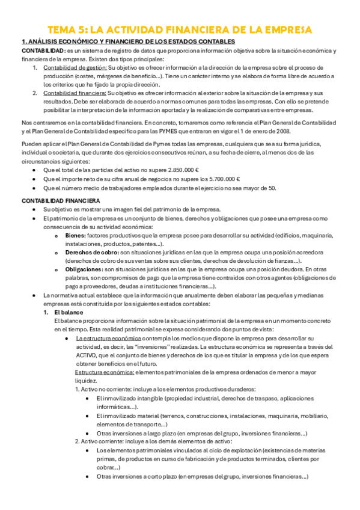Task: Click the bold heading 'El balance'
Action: coord(67,313)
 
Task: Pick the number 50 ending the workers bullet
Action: coord(272,188)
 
